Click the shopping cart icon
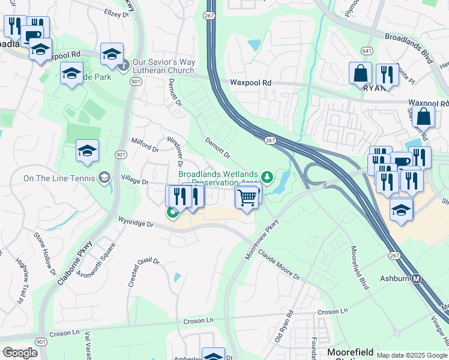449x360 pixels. pyautogui.click(x=247, y=197)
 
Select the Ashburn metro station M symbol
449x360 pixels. pyautogui.click(x=417, y=279)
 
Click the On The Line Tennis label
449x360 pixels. pyautogui.click(x=59, y=178)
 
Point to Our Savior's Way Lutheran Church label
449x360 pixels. pyautogui.click(x=164, y=66)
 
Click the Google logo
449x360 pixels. pyautogui.click(x=20, y=353)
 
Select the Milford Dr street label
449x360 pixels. pyautogui.click(x=145, y=145)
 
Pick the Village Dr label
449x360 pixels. pyautogui.click(x=134, y=181)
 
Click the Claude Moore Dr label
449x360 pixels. pyautogui.click(x=279, y=265)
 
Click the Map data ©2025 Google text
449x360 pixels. pyautogui.click(x=411, y=355)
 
